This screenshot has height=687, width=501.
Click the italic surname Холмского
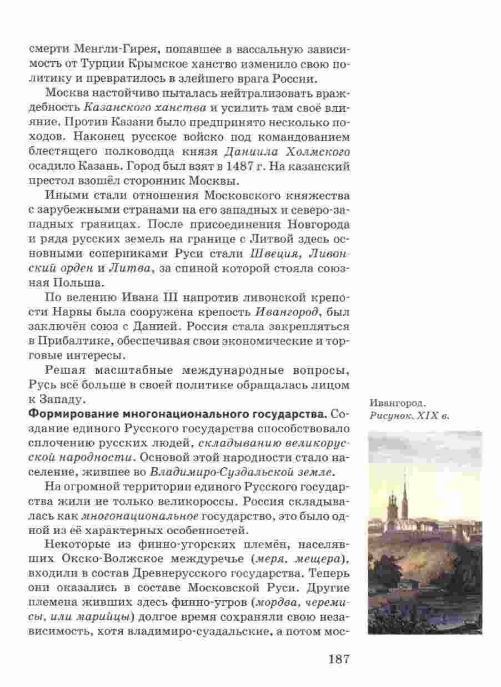point(317,151)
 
